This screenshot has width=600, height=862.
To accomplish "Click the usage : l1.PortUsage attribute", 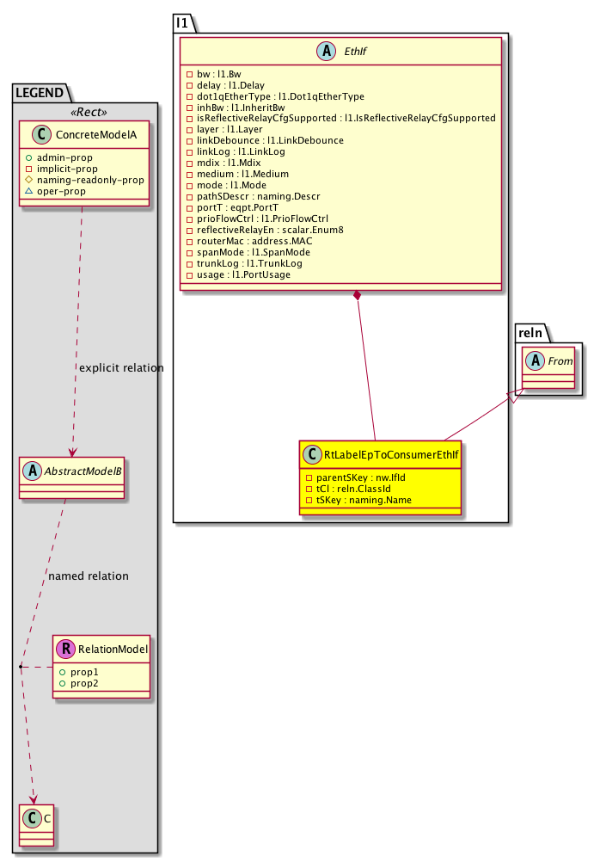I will [247, 275].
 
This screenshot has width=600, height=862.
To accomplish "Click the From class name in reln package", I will [560, 361].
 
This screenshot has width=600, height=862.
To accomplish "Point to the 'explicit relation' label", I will [121, 368].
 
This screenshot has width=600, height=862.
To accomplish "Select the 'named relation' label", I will [89, 576].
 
